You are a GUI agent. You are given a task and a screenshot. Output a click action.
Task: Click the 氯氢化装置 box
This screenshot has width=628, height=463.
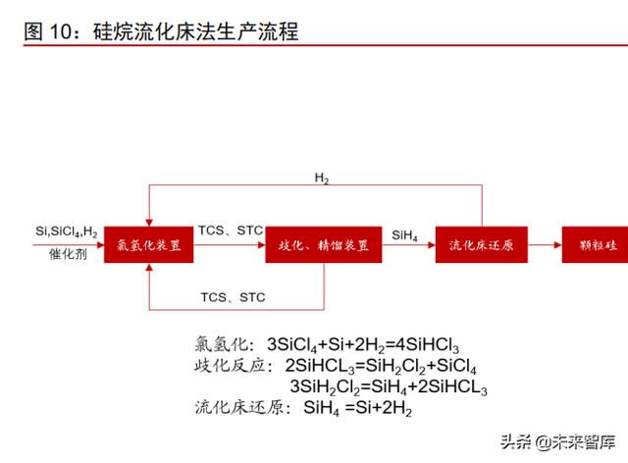[x=148, y=244]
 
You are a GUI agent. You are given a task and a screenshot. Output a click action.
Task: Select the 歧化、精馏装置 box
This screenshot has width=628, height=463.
[x=324, y=244]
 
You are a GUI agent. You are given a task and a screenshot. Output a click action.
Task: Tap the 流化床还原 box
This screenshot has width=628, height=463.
[x=482, y=244]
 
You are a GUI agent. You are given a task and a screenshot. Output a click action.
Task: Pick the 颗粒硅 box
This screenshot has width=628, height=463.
[x=596, y=244]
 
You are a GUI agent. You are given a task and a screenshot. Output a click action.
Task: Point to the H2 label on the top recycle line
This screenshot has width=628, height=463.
[x=322, y=178]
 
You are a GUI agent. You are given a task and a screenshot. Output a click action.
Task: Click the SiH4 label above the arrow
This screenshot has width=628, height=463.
[x=404, y=235]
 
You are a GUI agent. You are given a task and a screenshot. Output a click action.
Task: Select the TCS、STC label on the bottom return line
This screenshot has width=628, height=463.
[x=234, y=297]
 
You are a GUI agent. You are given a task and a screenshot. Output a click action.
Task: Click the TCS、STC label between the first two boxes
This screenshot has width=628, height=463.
[x=231, y=231]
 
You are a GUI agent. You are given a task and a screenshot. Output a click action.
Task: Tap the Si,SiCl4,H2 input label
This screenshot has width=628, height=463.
[x=67, y=231]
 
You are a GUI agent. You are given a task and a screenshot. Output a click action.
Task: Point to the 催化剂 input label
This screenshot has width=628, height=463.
[x=68, y=254]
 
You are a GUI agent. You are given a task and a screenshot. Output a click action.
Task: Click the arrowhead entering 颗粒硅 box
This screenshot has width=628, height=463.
[x=558, y=244]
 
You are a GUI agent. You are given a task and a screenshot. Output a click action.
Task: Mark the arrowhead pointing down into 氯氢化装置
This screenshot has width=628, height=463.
[x=149, y=223]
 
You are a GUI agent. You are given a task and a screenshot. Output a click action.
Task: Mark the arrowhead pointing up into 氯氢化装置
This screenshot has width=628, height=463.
[x=149, y=267]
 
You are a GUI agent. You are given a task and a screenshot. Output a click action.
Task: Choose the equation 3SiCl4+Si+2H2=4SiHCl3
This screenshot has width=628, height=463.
[x=363, y=345]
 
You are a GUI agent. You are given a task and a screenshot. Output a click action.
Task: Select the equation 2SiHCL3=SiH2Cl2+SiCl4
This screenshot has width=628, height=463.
[x=381, y=366]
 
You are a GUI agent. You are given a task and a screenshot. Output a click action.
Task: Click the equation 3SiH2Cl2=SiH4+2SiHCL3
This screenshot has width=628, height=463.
[x=389, y=387]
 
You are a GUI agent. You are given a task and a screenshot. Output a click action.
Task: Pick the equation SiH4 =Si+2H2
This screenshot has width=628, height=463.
[x=357, y=408]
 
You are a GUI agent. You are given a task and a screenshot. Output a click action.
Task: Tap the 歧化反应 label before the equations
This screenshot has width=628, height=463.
[x=229, y=365]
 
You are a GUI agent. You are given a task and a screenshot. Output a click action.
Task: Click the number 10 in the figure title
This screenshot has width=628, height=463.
[x=60, y=31]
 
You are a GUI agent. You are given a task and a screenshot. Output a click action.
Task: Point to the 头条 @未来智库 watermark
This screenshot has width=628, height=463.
[x=557, y=441]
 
